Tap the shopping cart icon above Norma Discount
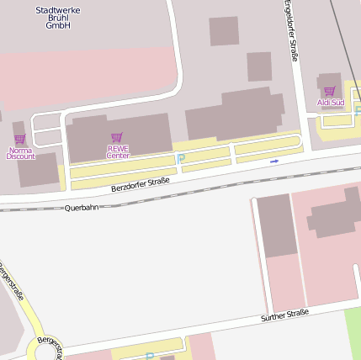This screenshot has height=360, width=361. (20, 140)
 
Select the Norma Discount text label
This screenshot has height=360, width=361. (20, 153)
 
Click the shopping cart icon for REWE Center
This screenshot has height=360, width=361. (117, 136)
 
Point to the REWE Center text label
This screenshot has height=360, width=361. (117, 151)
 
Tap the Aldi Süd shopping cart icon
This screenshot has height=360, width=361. (329, 91)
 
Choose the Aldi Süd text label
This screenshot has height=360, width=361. (330, 103)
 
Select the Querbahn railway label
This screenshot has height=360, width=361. (82, 206)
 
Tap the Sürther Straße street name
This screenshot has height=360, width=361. (284, 315)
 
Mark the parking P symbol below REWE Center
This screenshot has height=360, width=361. (180, 158)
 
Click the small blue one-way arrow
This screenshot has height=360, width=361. (273, 161)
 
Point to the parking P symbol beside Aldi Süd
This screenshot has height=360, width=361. (358, 110)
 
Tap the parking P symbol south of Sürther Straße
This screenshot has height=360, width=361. (150, 356)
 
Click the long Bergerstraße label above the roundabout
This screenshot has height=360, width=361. (12, 285)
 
